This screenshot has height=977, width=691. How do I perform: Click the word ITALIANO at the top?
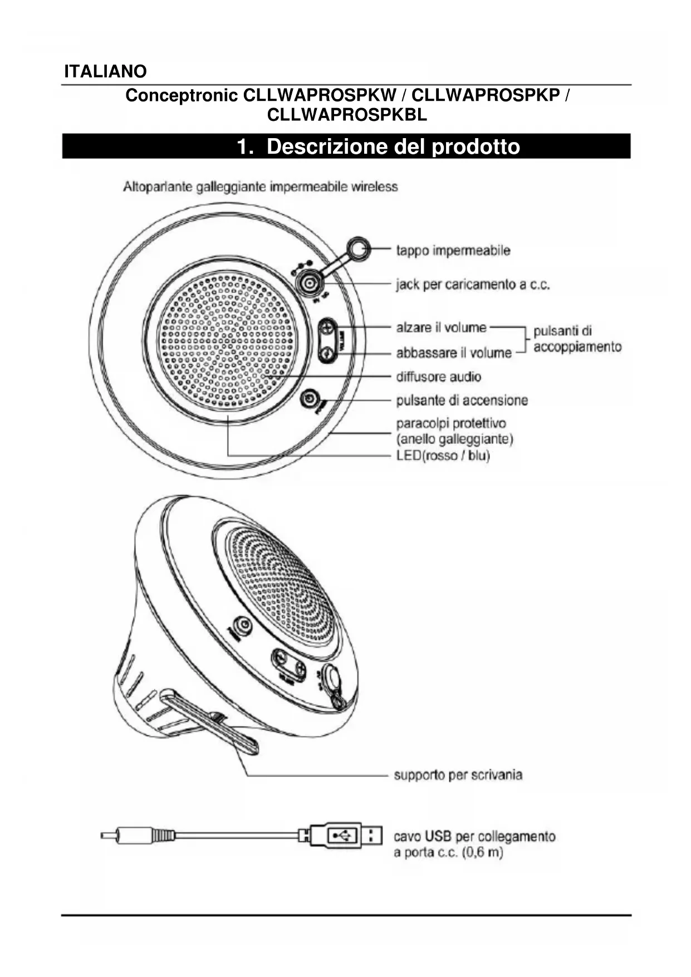coord(105,72)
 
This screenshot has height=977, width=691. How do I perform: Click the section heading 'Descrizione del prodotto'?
coord(379,146)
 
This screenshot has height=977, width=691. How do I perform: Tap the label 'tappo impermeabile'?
coord(453,250)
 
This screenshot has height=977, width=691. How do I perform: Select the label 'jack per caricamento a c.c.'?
coord(473,285)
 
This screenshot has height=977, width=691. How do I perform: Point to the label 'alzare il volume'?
coord(441,328)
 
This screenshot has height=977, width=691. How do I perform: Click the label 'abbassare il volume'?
coord(453,353)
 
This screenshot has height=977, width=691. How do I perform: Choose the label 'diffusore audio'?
coord(438,377)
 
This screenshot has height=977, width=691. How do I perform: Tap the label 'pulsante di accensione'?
coord(462,400)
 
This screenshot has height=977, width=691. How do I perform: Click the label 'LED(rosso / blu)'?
coord(443,456)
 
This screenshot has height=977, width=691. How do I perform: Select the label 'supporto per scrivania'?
coord(458,775)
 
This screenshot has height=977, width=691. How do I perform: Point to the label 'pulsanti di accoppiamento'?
coord(577,339)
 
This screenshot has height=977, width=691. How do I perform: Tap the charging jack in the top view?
coord(308,283)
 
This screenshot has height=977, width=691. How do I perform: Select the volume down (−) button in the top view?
coord(328,353)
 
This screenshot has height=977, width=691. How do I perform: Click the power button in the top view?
coord(310,399)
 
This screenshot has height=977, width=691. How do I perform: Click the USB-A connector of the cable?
coord(345,836)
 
